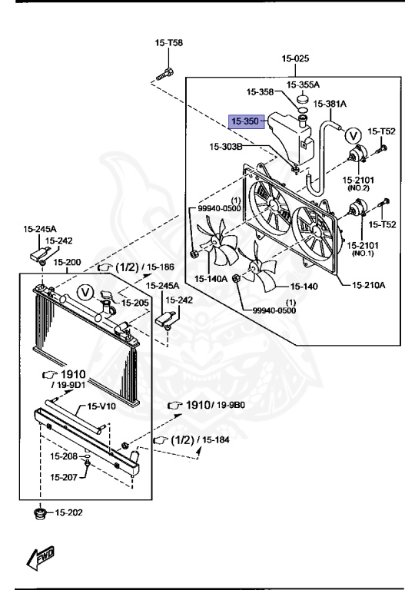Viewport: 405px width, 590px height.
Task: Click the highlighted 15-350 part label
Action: click(x=246, y=121)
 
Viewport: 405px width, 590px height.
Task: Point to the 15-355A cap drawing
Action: click(x=303, y=98)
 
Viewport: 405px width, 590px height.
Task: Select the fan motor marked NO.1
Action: click(x=357, y=210)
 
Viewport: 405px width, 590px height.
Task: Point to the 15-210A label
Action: click(x=368, y=284)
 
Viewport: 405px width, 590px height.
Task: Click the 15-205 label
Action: click(x=138, y=302)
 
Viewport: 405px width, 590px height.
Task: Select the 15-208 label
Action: click(x=65, y=456)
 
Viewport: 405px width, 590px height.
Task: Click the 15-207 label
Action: click(x=65, y=477)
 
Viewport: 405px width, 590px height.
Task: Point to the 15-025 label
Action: click(x=295, y=58)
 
